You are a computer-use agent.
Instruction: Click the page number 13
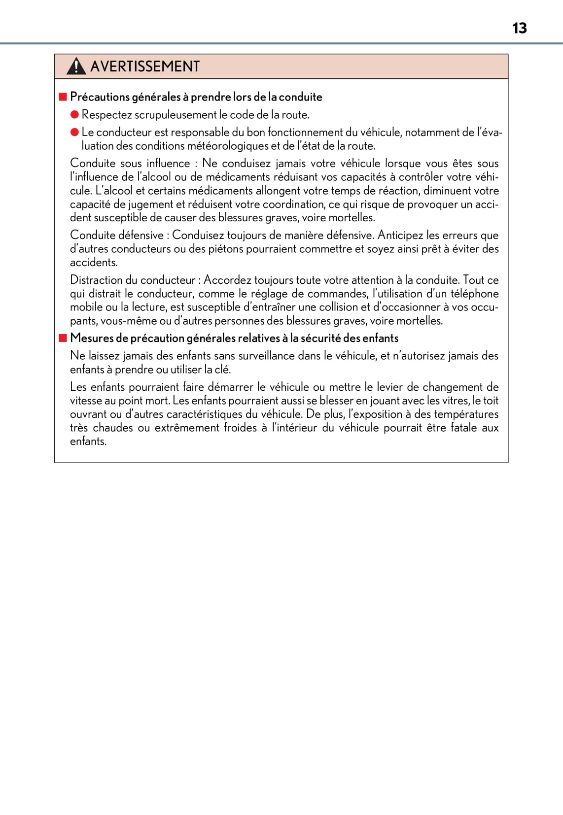519,28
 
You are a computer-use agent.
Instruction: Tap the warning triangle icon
76,66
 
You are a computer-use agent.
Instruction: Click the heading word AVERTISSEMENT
145,67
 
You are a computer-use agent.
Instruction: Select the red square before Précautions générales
63,97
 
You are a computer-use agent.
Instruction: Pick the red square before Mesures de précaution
63,338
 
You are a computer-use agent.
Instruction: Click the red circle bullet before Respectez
74,115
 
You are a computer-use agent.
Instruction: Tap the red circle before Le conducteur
74,132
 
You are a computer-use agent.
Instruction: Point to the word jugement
149,204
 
